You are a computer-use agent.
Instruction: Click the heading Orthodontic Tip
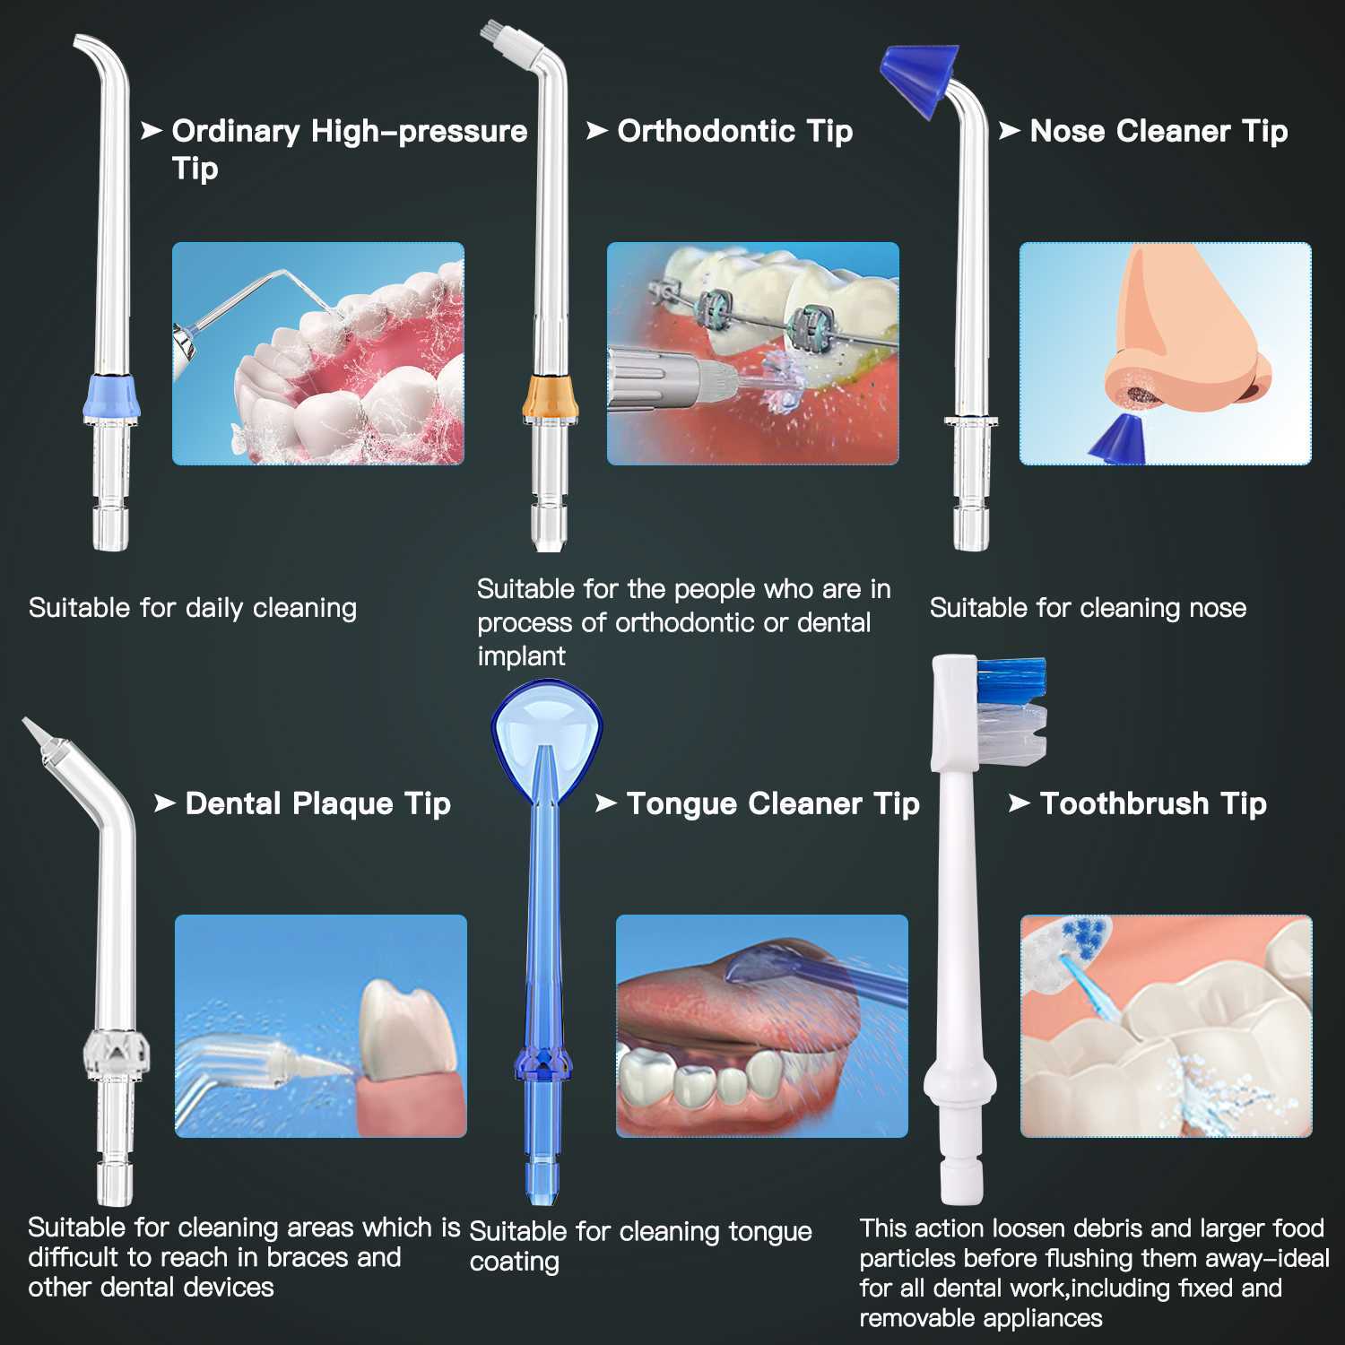click(734, 131)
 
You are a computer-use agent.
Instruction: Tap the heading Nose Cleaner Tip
click(1158, 131)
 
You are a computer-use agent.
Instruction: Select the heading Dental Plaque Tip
click(317, 803)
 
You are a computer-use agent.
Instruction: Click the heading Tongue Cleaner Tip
click(773, 803)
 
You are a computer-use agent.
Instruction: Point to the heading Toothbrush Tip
click(1153, 803)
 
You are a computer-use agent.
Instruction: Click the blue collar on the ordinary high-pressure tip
click(112, 397)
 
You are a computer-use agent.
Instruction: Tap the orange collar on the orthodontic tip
click(551, 398)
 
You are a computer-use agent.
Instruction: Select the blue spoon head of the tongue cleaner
click(547, 726)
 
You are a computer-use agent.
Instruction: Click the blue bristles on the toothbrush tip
click(1012, 680)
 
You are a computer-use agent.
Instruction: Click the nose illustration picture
click(1165, 353)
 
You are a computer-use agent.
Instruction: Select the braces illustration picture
click(752, 353)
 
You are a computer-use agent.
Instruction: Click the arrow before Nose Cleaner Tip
click(1010, 131)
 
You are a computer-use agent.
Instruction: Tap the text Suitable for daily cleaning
click(193, 608)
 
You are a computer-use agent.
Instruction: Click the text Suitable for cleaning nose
click(1088, 608)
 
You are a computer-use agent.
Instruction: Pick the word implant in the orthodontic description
click(521, 656)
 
